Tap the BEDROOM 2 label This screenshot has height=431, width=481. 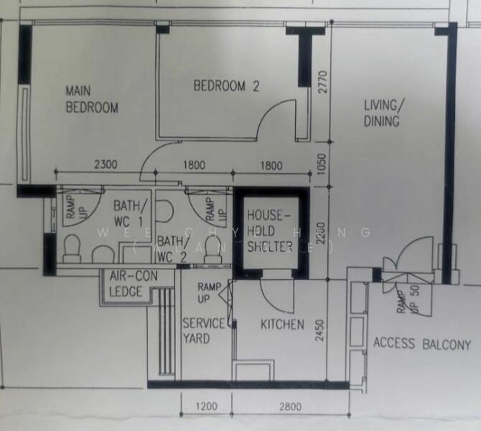coord(226,86)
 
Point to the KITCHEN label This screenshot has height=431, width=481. coord(282,325)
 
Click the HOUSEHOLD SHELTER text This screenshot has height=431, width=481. coord(268,231)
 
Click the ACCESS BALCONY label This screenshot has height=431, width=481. coord(421,343)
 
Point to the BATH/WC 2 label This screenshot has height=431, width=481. coord(172,248)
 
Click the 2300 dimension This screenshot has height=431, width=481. coord(106,165)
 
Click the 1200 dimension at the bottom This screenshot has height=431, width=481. coord(206,407)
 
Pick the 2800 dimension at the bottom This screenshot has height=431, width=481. coord(290,407)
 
